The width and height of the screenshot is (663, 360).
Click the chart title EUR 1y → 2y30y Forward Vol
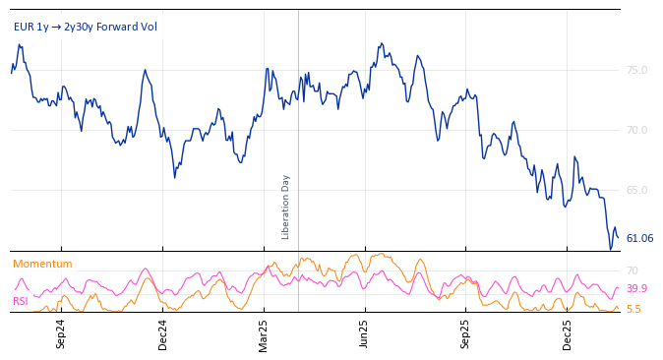[x=85, y=27]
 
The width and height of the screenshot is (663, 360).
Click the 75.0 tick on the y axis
[x=636, y=70]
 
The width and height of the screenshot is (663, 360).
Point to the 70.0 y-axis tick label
[x=636, y=130]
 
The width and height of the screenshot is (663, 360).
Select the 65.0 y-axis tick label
[x=636, y=190]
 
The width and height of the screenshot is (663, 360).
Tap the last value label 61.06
[x=639, y=238]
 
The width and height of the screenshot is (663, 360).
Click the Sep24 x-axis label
[x=61, y=333]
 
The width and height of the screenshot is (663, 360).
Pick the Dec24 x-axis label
[x=163, y=333]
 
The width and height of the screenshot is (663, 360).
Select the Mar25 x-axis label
[x=264, y=333]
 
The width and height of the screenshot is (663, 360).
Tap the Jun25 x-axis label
[x=365, y=333]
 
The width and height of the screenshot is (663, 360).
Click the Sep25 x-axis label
[x=466, y=333]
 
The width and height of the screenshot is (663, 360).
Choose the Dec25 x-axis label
[x=568, y=333]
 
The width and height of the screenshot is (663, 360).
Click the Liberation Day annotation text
[x=286, y=207]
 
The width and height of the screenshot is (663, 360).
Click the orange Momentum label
[x=42, y=264]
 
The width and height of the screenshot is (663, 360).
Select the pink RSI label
[x=21, y=301]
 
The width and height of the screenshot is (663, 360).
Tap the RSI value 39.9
[x=636, y=289]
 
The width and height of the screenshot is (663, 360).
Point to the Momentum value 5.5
[x=633, y=309]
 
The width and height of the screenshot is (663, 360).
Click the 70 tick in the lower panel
[x=633, y=270]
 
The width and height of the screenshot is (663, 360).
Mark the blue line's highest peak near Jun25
[x=382, y=43]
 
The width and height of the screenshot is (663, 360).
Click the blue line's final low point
[x=610, y=249]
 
